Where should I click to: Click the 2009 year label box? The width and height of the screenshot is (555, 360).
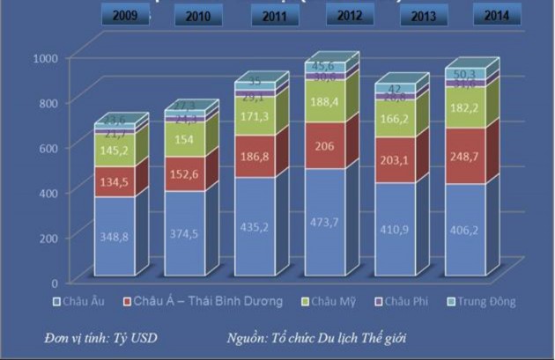tap(122, 15)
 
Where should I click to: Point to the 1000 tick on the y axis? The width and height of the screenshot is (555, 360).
tap(44, 57)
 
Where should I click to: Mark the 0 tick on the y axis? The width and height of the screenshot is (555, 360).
tap(54, 283)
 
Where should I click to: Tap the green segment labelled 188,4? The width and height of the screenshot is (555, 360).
tap(324, 101)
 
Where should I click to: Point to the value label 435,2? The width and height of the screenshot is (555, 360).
tap(255, 226)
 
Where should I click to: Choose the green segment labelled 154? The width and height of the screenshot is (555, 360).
tap(184, 139)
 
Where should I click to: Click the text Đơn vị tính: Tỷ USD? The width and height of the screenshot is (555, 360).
tap(100, 337)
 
